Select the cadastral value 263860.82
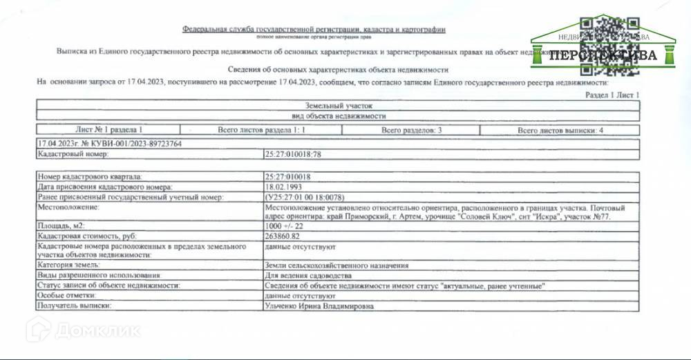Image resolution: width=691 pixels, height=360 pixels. [x=283, y=235]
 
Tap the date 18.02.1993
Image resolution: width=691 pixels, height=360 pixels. [x=283, y=187]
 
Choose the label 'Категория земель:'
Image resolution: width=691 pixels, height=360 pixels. [x=70, y=265]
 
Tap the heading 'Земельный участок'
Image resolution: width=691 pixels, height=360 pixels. [x=339, y=106]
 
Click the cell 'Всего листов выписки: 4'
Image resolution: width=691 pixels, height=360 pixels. [x=560, y=130]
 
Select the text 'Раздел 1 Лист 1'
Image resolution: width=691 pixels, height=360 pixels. [x=612, y=95]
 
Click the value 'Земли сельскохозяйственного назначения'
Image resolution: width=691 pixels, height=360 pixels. [x=337, y=265]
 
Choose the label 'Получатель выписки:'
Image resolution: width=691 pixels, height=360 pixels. [x=75, y=305]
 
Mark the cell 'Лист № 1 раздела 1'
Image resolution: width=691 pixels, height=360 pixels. [x=108, y=130]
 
